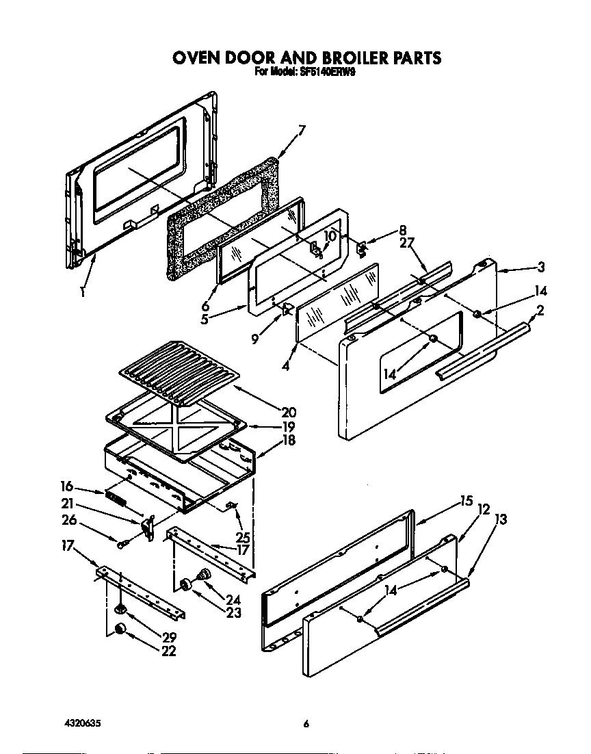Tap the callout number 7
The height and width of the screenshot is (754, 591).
(301, 129)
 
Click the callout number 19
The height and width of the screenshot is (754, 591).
(288, 426)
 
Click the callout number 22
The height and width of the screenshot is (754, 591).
(168, 651)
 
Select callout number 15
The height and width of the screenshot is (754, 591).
(467, 502)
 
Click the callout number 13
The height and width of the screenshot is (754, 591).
(501, 519)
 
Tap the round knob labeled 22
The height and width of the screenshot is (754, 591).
(121, 629)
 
